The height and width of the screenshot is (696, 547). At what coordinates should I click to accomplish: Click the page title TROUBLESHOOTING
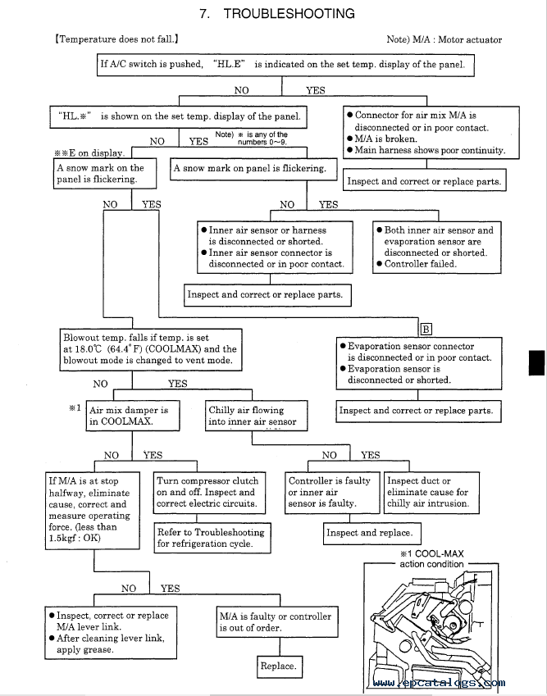tap(289, 14)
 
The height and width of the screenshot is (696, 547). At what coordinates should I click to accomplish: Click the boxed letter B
tap(426, 330)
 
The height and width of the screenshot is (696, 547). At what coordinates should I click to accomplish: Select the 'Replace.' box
tap(278, 666)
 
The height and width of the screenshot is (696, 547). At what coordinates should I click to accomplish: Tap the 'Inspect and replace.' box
tap(369, 533)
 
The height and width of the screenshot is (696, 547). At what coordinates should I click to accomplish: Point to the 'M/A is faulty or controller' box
tap(276, 622)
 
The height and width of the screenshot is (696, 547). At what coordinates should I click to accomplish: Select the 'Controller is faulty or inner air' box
tap(330, 492)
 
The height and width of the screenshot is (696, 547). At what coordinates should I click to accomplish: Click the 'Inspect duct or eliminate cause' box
tap(428, 492)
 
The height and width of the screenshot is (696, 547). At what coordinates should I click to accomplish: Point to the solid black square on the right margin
tap(537, 362)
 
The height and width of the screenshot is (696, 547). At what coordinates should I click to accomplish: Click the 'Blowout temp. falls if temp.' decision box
tap(150, 348)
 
